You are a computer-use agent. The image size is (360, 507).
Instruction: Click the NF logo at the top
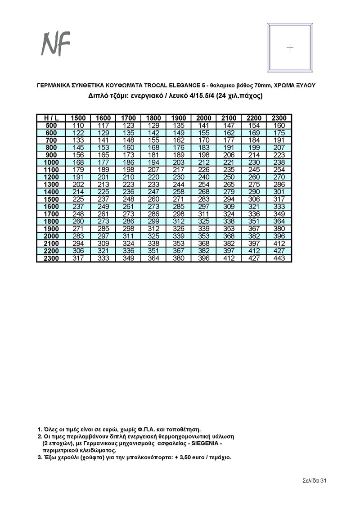pos(56,44)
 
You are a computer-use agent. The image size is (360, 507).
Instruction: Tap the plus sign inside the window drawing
pos(290,48)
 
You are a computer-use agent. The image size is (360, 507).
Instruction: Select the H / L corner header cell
pos(51,118)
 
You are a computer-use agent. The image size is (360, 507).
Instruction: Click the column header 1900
pos(179,118)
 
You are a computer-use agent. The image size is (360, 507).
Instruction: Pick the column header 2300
pos(279,118)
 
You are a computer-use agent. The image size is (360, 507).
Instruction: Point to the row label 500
pos(51,125)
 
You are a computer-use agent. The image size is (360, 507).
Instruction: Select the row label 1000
pos(51,162)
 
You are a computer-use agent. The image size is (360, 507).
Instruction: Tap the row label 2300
pos(51,258)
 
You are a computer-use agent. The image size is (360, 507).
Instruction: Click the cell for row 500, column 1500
pos(78,125)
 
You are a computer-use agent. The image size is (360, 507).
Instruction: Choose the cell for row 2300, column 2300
pos(279,258)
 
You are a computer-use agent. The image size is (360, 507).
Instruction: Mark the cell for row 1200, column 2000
pos(204,177)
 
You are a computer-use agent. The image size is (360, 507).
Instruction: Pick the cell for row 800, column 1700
pos(128,147)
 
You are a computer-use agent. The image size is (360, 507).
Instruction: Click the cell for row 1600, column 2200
pos(254,206)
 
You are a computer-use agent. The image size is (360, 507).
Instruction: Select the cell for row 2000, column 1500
pos(78,236)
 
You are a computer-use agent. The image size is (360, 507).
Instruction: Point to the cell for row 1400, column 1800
pos(153,192)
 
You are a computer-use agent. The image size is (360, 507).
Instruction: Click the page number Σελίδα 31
pos(314,481)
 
